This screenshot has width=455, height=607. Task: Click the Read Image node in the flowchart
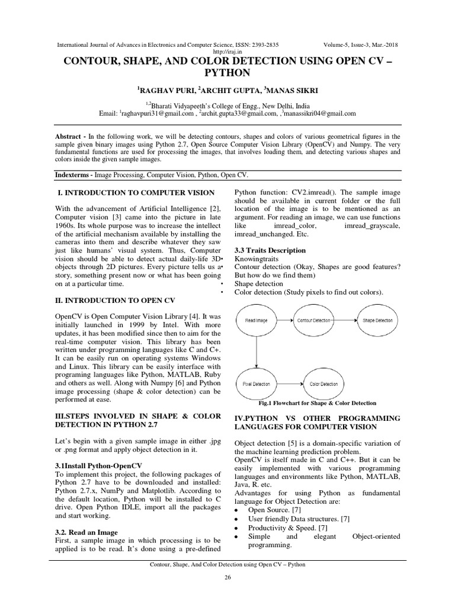pos(257,321)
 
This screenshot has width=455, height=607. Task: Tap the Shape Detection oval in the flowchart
pos(377,321)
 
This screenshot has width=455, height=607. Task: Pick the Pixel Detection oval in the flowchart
pos(257,384)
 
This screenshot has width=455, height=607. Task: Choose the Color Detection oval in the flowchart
pos(323,384)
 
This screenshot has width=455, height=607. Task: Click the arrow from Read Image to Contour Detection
pos(286,321)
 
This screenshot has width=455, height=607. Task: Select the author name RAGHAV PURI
pos(166,90)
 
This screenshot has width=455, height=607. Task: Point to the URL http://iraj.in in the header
pos(227,51)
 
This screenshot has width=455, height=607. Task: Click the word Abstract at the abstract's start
pos(69,136)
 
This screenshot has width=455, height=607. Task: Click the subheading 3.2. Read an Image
pos(86,532)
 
